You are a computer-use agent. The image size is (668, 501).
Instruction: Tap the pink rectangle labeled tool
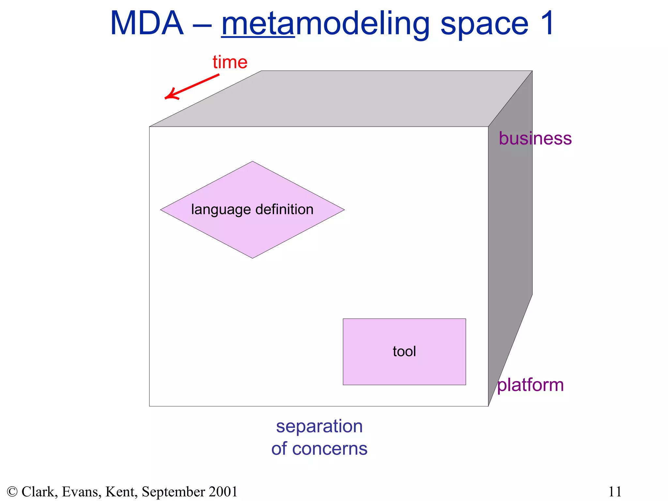404,365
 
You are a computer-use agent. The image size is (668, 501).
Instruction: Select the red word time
230,62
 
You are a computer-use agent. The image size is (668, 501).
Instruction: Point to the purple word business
535,138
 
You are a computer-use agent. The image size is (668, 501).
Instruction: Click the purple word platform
530,385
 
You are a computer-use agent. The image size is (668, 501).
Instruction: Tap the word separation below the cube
319,426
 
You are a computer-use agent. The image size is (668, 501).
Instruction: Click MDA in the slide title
147,23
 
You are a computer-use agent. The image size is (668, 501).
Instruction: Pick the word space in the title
484,23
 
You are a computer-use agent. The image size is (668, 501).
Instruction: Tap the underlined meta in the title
258,23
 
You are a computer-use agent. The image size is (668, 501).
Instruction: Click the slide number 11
615,492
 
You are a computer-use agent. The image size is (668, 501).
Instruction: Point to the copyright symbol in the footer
12,492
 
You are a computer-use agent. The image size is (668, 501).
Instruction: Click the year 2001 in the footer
223,492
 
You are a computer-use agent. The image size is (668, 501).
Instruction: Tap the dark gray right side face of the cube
510,228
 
